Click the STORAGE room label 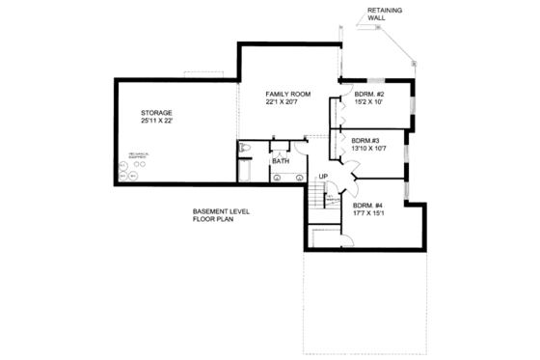(x=156, y=113)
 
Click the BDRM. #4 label (x=369, y=205)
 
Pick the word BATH (x=280, y=161)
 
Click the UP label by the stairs (x=324, y=176)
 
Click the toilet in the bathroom (x=245, y=148)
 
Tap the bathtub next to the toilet (x=245, y=171)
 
